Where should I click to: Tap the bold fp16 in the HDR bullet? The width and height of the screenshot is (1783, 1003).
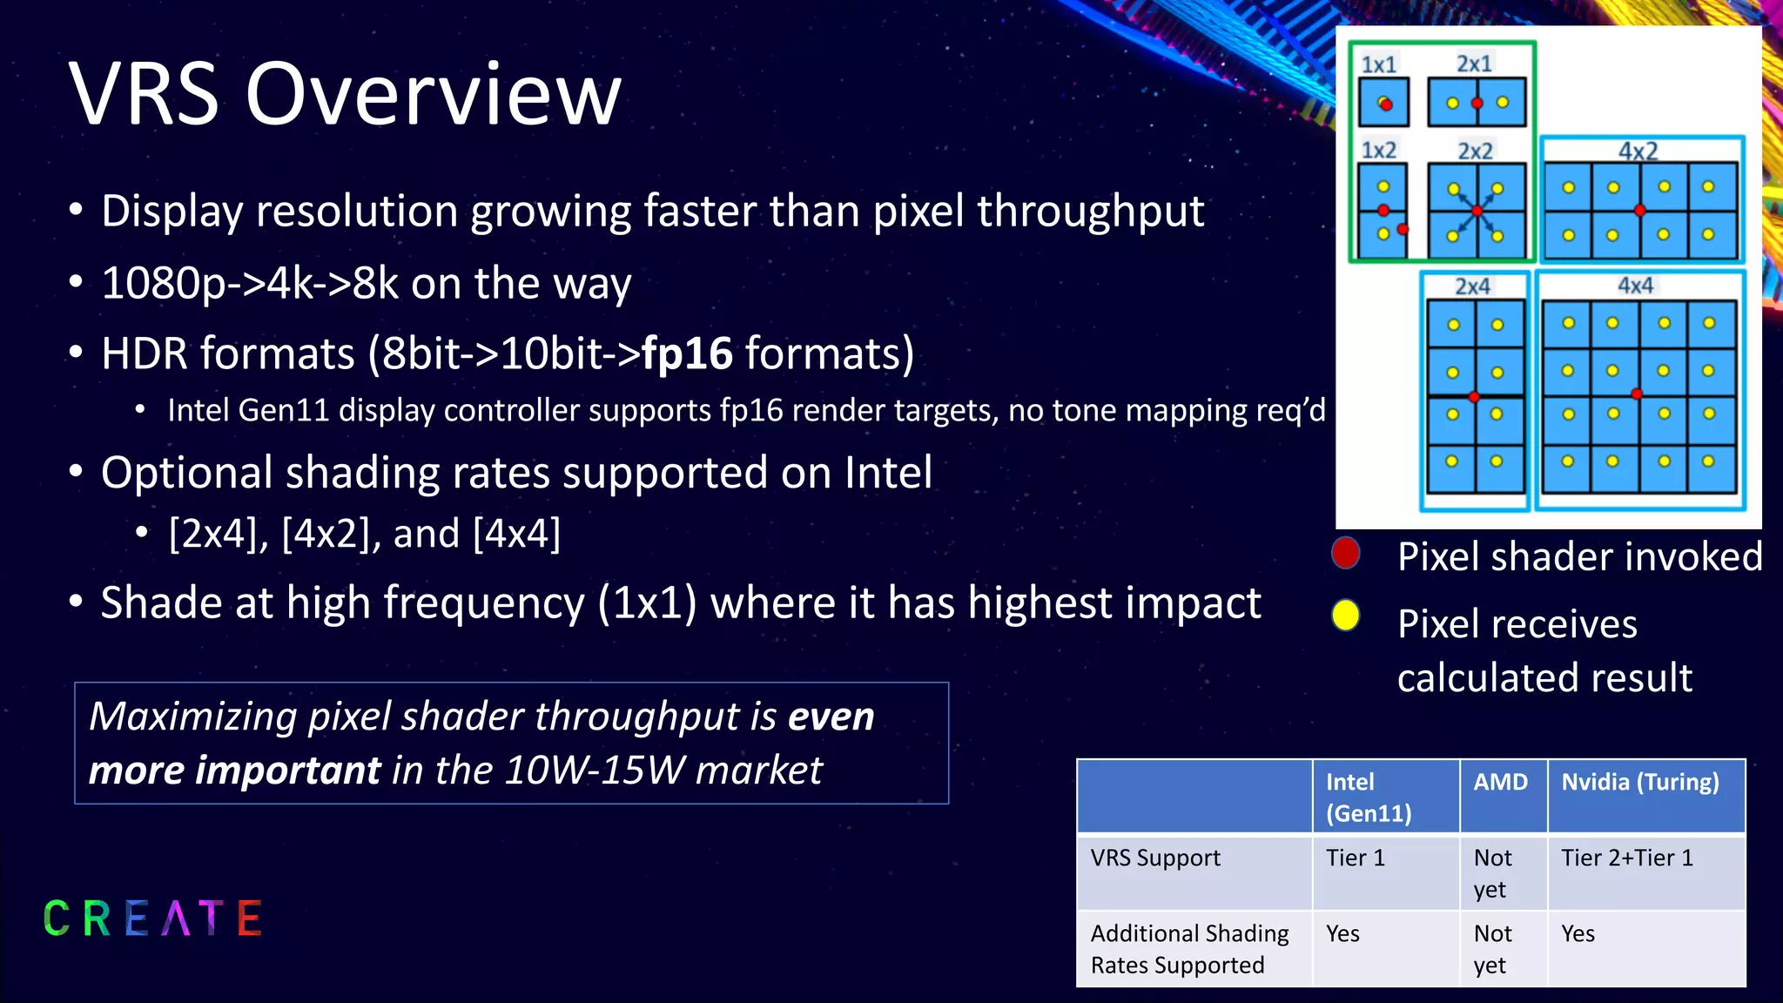coord(687,353)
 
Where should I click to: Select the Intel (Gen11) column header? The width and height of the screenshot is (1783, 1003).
coord(1368,797)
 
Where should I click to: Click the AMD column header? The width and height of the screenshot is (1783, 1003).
coord(1500,782)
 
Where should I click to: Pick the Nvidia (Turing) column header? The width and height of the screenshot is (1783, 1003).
coord(1639,782)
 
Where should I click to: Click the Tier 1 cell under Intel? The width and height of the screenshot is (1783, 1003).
coord(1355,858)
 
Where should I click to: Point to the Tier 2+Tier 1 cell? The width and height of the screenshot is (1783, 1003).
coord(1626,858)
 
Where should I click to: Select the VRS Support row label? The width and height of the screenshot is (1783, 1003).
coord(1155,858)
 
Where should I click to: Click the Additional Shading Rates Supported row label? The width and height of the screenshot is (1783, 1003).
coord(1188,949)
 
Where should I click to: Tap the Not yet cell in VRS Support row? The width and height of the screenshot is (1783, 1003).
coord(1492,873)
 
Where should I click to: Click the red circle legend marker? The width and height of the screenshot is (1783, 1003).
coord(1345,553)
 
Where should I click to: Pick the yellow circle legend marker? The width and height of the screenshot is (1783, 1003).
coord(1345,615)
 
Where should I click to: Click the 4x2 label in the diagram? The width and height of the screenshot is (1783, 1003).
coord(1637,151)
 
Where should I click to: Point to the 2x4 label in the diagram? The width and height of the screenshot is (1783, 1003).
coord(1472,286)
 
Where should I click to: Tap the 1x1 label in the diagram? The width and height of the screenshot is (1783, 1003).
coord(1378,64)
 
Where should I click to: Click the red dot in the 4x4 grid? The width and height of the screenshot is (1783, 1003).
coord(1637,394)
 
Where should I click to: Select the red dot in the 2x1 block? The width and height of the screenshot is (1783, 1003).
coord(1477,103)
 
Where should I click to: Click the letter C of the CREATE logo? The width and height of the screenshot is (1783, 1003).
coord(57,919)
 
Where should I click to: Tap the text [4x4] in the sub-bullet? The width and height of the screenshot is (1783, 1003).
coord(516,533)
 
